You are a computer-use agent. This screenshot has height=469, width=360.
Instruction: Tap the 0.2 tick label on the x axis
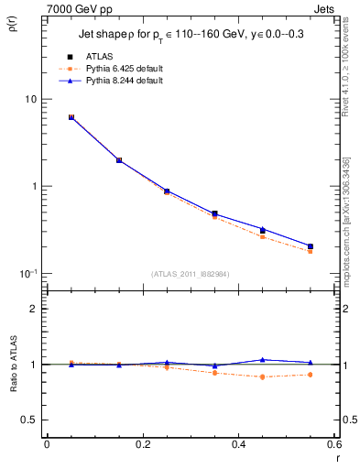(x=142, y=444)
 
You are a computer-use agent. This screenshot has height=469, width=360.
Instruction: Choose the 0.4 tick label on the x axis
(x=238, y=444)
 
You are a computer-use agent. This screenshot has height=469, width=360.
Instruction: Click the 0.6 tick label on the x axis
(x=333, y=444)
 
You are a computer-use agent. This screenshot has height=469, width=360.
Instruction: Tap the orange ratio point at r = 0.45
(x=262, y=376)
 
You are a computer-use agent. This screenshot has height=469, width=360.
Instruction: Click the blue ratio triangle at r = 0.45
(x=262, y=360)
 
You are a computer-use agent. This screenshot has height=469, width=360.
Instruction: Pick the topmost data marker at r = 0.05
(x=71, y=117)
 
